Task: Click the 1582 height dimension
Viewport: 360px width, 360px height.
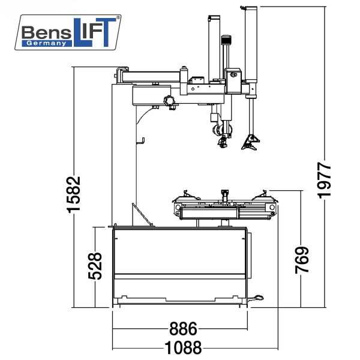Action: (74, 194)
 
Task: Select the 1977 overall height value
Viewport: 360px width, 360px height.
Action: (324, 180)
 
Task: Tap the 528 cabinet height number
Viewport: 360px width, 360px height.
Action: (95, 266)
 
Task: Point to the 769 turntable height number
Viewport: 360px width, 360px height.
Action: (302, 260)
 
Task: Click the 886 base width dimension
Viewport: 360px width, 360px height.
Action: (183, 329)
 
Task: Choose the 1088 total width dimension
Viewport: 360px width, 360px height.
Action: (183, 348)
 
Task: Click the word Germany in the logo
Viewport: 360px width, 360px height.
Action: (46, 43)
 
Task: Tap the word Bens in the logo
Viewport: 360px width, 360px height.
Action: (46, 32)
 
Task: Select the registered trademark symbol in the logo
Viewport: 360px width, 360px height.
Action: (118, 17)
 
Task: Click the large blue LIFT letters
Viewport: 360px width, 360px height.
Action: (95, 32)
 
